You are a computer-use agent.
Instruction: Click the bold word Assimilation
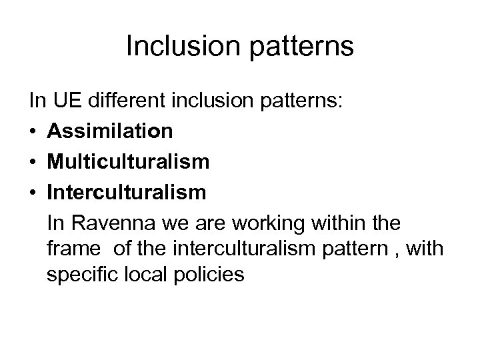click(x=109, y=132)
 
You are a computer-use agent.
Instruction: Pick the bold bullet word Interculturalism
click(x=127, y=191)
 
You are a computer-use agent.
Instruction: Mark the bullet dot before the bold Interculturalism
click(x=32, y=192)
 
